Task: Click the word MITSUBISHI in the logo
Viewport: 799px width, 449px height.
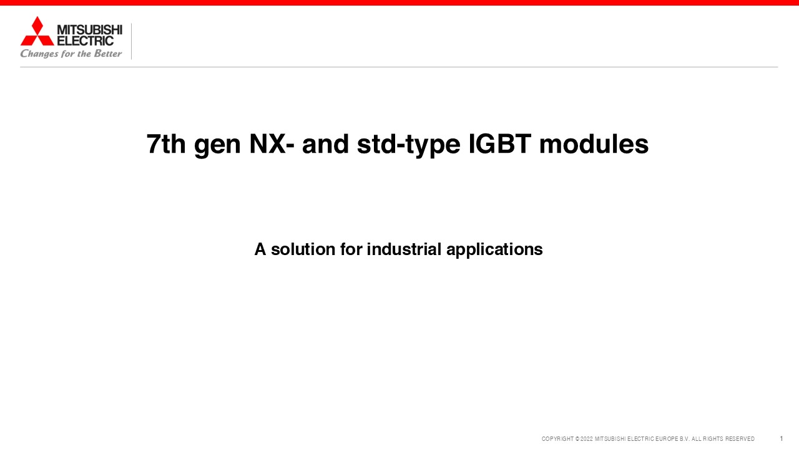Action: point(89,29)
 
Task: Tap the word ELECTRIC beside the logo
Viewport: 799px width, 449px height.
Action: point(86,41)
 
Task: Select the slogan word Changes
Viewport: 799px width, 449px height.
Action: point(39,54)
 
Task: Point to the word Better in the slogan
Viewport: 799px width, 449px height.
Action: point(108,54)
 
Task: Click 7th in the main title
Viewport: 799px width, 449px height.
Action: point(166,144)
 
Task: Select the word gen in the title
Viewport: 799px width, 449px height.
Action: point(217,147)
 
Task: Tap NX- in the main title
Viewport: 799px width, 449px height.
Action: point(272,144)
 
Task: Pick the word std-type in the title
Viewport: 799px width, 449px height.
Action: point(408,145)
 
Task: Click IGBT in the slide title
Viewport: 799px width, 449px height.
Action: point(499,144)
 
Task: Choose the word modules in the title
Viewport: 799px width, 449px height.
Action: point(594,144)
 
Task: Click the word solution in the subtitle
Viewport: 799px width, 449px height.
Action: point(303,249)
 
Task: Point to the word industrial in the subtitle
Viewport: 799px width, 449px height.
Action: point(404,249)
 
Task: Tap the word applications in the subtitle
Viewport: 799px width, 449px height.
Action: point(494,250)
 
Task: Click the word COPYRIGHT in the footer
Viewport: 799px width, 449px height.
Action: point(557,439)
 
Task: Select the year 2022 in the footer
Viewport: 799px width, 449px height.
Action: point(587,439)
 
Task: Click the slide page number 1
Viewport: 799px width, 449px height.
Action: point(781,438)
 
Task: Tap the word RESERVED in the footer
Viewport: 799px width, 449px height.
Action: point(740,439)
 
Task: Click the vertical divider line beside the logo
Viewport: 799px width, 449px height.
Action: point(131,41)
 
